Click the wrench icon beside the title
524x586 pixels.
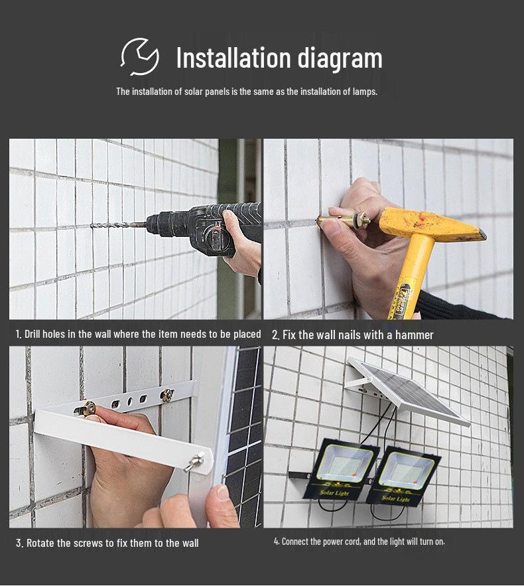pos(140,57)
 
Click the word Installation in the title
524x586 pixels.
pos(233,58)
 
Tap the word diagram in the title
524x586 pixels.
pos(340,59)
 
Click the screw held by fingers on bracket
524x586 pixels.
pos(87,409)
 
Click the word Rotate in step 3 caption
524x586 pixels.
pos(40,543)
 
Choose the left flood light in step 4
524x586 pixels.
pos(342,469)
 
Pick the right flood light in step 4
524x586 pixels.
pos(403,476)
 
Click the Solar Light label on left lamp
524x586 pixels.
pos(334,492)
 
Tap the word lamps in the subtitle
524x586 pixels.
pos(365,92)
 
